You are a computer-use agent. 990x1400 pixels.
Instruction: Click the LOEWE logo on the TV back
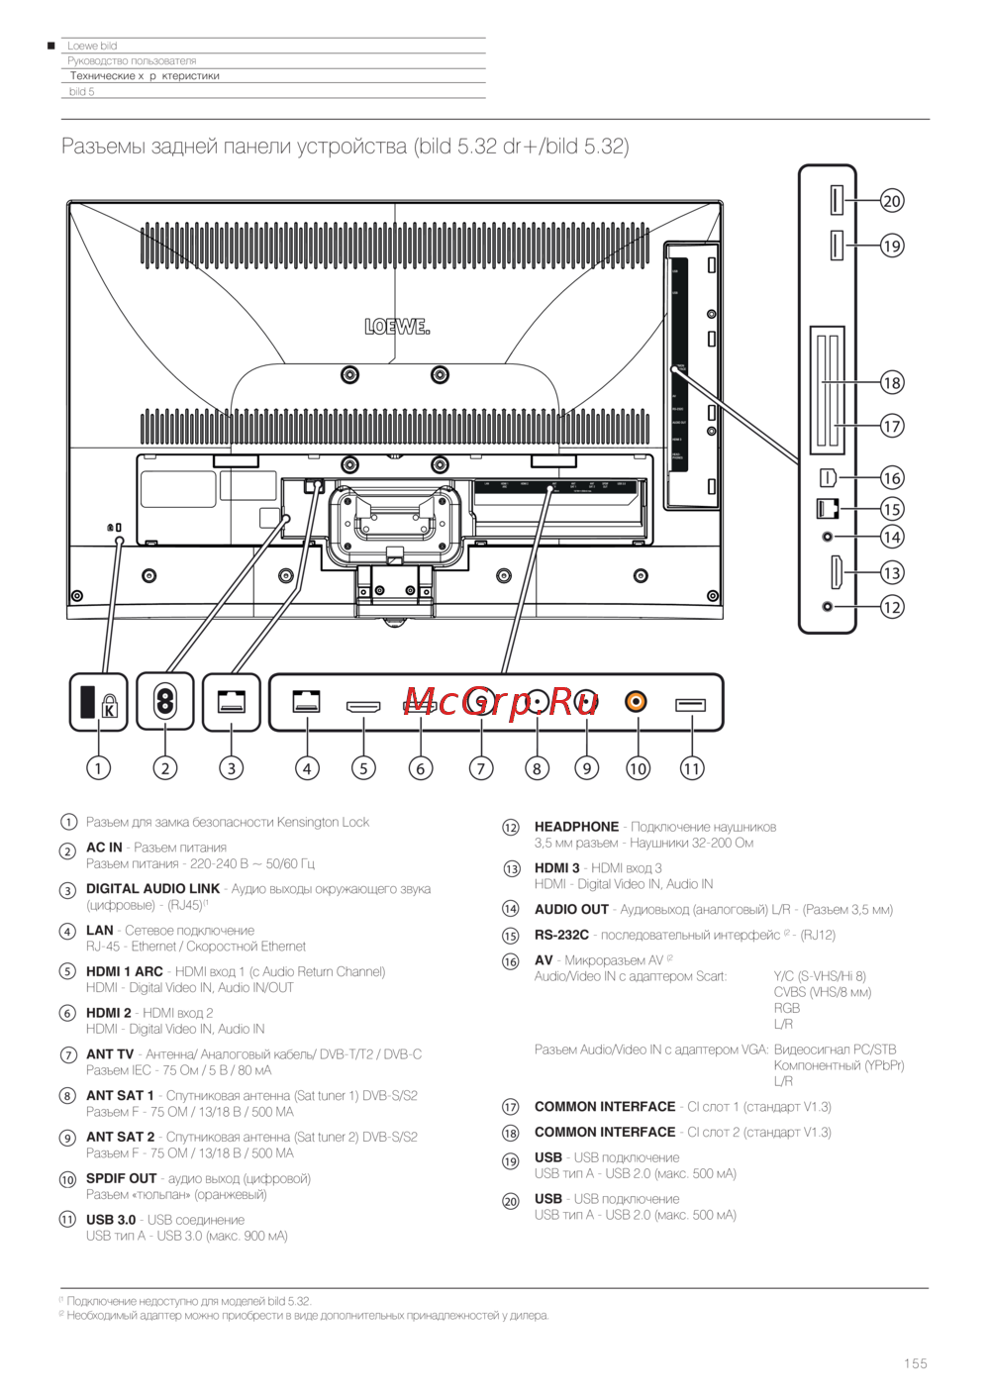click(397, 326)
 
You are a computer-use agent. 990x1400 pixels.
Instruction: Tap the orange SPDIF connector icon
click(636, 701)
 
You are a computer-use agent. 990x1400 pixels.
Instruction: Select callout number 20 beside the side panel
click(892, 201)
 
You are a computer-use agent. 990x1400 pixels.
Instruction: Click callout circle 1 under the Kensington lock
click(98, 767)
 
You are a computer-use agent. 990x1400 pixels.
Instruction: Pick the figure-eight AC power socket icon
click(165, 702)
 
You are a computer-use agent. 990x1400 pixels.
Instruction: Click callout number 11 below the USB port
click(691, 767)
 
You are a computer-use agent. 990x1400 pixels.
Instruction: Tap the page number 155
click(915, 1363)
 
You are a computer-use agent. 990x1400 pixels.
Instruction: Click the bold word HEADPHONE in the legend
click(576, 827)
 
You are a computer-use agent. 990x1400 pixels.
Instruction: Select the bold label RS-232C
click(561, 935)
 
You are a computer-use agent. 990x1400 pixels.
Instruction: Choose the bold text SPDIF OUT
click(121, 1178)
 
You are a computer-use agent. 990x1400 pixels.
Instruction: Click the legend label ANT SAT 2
click(120, 1137)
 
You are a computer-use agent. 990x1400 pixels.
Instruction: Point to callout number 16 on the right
click(892, 477)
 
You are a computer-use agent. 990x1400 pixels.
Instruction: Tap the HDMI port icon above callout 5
click(363, 707)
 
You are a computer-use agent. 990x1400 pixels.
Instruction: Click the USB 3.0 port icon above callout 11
click(690, 705)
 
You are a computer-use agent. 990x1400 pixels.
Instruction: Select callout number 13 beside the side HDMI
click(892, 572)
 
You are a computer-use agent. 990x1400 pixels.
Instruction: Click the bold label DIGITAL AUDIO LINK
click(152, 889)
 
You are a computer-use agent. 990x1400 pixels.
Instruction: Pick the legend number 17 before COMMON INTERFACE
click(511, 1107)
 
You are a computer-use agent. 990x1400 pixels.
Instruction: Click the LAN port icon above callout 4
click(306, 701)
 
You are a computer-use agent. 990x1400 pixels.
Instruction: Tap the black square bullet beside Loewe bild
click(51, 46)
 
